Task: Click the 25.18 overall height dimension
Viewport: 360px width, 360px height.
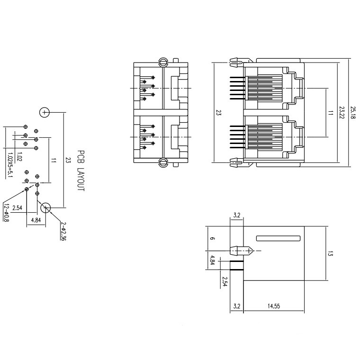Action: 353,112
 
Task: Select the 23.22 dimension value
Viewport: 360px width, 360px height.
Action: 342,113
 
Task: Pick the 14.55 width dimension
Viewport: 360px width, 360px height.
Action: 273,306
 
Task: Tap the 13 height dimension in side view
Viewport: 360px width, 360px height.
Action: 330,254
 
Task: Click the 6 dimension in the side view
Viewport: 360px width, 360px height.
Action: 213,239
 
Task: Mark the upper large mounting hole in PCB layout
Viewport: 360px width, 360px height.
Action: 44,112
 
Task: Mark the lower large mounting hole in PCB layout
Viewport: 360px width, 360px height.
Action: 46,207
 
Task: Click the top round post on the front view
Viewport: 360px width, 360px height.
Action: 163,62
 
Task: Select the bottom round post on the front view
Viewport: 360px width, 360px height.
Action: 163,163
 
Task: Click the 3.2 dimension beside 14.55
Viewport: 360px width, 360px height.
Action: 237,306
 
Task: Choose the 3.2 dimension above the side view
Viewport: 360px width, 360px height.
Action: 237,216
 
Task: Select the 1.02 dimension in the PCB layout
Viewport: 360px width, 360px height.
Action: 19,157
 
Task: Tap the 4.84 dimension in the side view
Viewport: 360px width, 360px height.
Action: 213,260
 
